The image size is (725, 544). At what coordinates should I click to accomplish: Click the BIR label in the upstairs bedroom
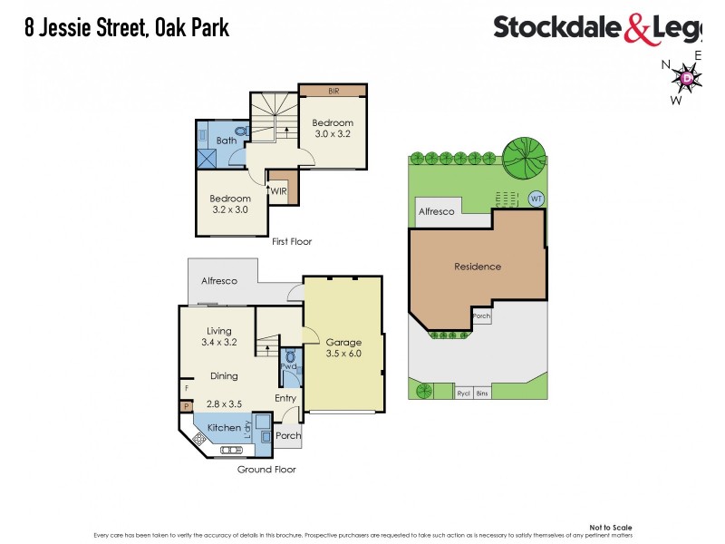333,91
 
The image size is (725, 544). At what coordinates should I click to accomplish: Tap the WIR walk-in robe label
279,191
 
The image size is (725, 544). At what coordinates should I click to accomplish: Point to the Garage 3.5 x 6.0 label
343,348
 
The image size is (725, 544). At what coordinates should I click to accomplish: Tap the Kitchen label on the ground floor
224,427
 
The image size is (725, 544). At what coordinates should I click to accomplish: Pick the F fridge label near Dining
186,388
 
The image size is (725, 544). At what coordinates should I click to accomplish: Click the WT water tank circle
536,199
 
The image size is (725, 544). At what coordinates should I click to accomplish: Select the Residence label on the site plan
478,267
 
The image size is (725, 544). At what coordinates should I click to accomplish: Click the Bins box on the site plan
482,393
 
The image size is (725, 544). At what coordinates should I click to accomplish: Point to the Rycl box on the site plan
463,393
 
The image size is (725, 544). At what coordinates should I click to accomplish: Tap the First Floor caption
293,242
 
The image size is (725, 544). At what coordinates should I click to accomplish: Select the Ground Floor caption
266,470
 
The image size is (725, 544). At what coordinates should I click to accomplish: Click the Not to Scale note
610,527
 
